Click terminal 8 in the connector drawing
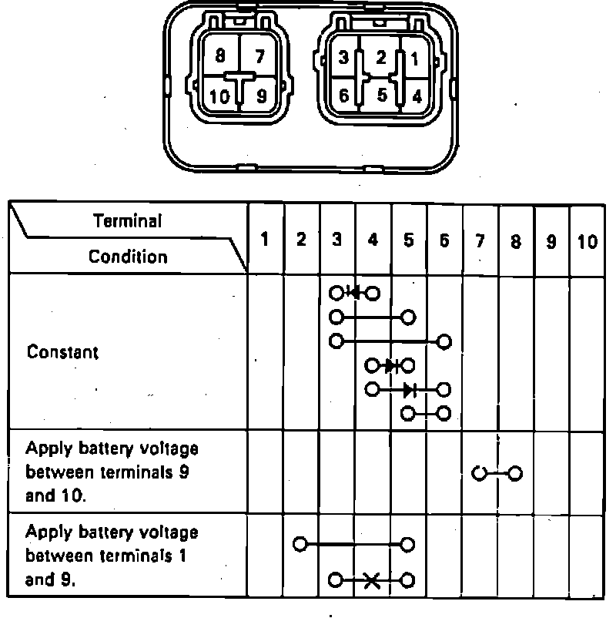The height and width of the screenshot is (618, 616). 220,55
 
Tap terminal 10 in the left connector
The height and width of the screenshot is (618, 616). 219,97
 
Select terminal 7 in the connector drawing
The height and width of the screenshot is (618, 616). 259,55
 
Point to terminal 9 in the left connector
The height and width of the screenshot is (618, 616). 261,97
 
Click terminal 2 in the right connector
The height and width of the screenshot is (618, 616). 380,56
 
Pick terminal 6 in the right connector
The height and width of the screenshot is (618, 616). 343,96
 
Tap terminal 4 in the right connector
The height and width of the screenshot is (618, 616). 416,96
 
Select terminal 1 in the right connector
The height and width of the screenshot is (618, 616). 415,56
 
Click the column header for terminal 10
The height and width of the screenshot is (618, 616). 587,241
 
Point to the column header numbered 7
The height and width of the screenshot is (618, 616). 480,241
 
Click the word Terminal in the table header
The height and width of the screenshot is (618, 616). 128,221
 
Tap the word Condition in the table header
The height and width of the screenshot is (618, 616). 128,256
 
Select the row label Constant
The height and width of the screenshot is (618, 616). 63,352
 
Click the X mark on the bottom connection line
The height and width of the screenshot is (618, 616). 372,580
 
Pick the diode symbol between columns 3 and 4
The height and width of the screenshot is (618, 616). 354,293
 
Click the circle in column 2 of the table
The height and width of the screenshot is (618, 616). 301,544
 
